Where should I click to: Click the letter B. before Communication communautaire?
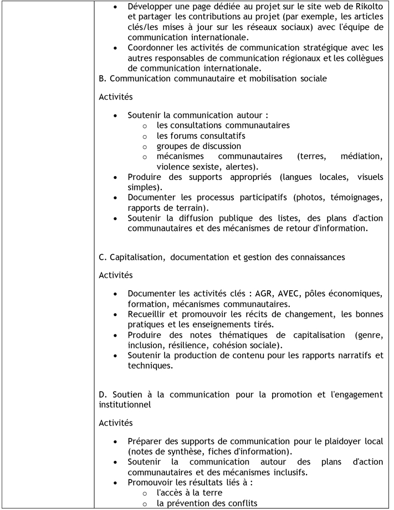click(x=103, y=79)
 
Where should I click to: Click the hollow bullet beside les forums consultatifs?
click(x=144, y=136)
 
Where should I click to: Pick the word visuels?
click(x=369, y=177)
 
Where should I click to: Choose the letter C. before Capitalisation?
click(x=103, y=257)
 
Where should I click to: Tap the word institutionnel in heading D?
click(x=124, y=405)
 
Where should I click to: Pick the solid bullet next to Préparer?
click(x=115, y=441)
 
